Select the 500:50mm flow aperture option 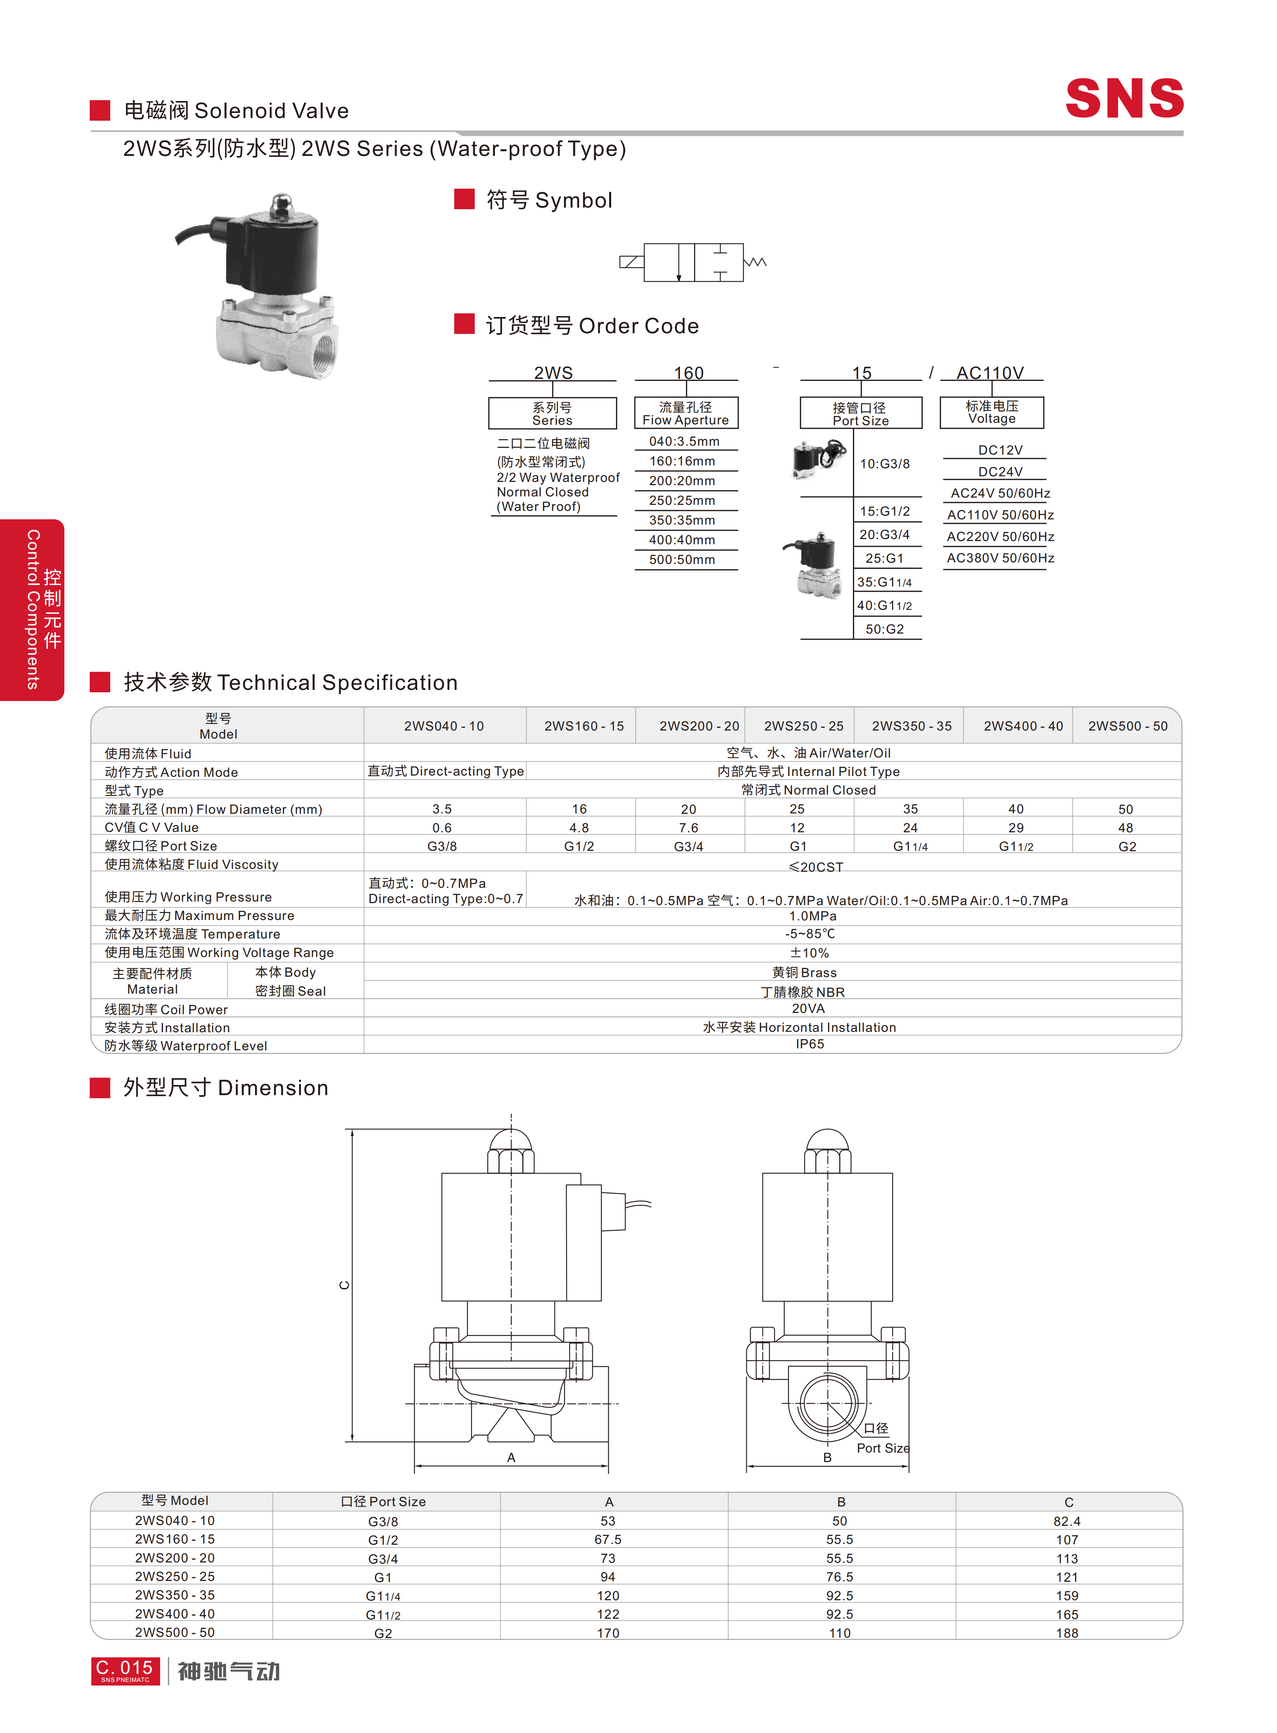[x=682, y=560]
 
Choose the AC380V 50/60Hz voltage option [x=1000, y=558]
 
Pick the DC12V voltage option [x=1000, y=450]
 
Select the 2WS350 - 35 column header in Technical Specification [x=911, y=726]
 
